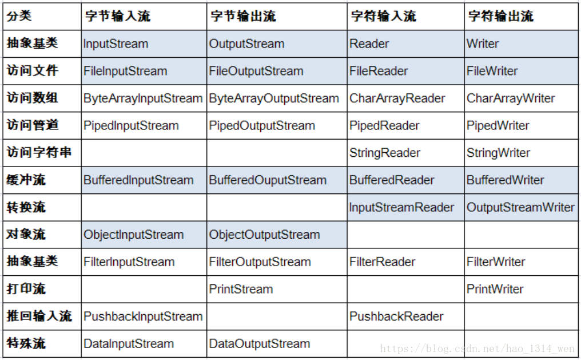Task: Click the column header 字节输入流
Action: (118, 16)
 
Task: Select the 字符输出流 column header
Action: (501, 16)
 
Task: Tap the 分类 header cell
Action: (19, 16)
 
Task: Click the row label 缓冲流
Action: (26, 180)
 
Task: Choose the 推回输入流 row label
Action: (39, 316)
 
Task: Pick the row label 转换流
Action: (26, 207)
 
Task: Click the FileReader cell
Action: (379, 71)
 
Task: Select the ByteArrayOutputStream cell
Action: (274, 98)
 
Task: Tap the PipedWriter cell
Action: (498, 125)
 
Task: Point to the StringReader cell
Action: (385, 153)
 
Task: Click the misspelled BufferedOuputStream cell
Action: (268, 180)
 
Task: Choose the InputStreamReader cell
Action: (402, 207)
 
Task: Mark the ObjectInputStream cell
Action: (134, 235)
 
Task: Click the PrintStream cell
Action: (241, 289)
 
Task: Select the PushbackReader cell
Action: (396, 317)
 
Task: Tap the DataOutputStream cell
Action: (260, 343)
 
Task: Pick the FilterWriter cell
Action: (496, 262)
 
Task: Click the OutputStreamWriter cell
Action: (521, 207)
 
